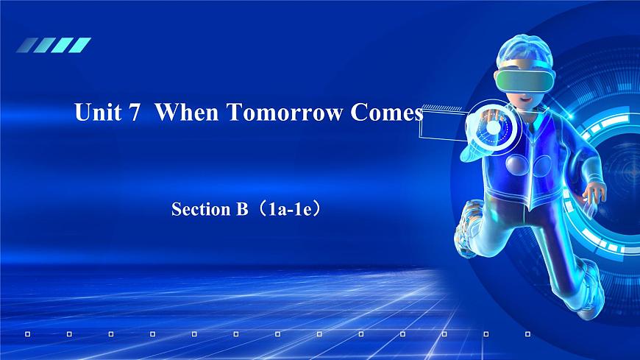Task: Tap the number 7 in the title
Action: (x=134, y=113)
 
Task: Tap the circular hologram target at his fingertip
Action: (x=492, y=127)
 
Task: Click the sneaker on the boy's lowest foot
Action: (x=589, y=291)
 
